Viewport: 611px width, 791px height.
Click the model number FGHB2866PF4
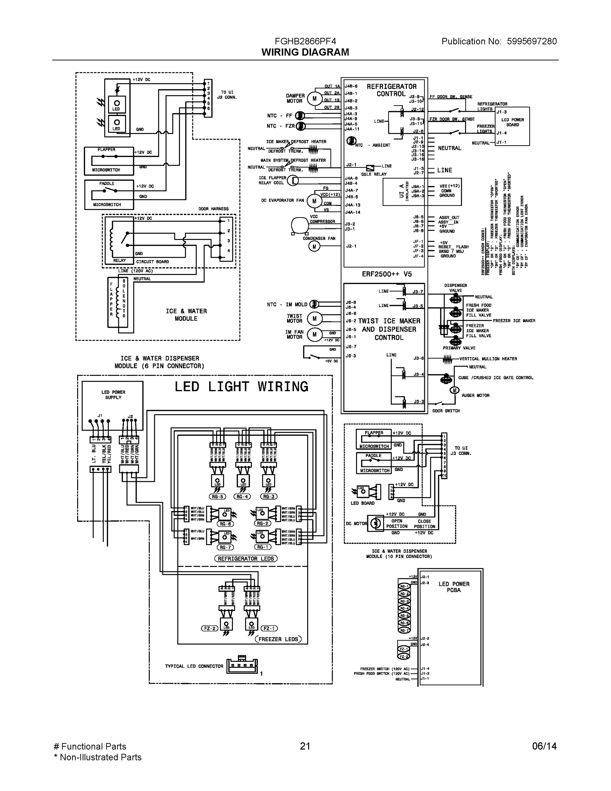coord(305,41)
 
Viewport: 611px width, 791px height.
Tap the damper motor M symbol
coord(314,99)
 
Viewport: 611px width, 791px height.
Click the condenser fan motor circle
coord(314,247)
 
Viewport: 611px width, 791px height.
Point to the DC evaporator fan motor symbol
coord(314,201)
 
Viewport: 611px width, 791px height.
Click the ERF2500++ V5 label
coord(387,274)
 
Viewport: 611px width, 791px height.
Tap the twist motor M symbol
coord(314,319)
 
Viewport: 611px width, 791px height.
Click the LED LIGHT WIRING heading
coord(241,387)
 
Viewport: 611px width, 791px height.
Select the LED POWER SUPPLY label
coord(113,395)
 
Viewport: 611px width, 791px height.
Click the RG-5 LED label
coord(217,497)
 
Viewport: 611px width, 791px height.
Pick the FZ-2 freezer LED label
coord(209,629)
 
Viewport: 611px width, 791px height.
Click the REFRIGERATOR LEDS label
coord(246,559)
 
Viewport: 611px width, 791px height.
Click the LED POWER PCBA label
coord(454,587)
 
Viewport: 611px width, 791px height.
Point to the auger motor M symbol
coord(454,391)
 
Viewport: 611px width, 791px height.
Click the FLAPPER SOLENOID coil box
coord(118,303)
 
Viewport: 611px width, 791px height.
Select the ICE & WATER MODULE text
coord(186,315)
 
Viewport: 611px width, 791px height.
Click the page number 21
coord(305,746)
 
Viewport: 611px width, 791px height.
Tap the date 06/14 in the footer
coord(544,746)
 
